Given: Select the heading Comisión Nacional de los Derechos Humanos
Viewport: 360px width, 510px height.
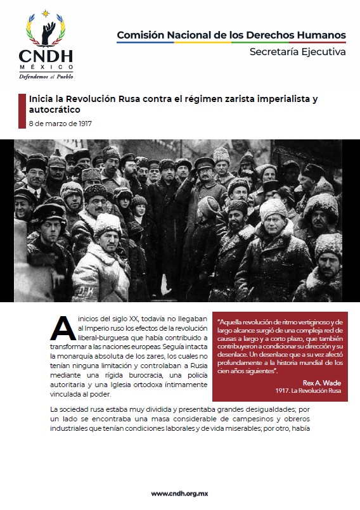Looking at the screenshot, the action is coord(231,34).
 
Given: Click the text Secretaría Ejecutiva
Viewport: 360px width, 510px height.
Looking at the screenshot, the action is coord(298,51).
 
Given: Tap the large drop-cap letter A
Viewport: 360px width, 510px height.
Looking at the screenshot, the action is coord(61,326).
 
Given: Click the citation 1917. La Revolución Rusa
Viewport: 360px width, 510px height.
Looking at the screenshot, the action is coord(308,392).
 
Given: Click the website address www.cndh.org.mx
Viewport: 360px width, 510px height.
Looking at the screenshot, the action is coord(180,493).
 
